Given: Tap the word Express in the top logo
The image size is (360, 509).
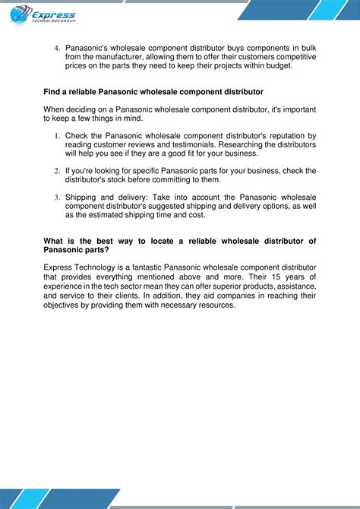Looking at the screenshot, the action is coord(54,14).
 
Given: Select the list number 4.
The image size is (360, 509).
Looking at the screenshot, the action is coord(56,49).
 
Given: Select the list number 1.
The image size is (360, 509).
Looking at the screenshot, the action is coord(56,136).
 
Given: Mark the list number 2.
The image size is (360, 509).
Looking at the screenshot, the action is coord(56,171).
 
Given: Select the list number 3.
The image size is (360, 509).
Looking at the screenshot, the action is coord(56,198).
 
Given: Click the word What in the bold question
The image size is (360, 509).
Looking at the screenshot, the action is coord(55,241).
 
